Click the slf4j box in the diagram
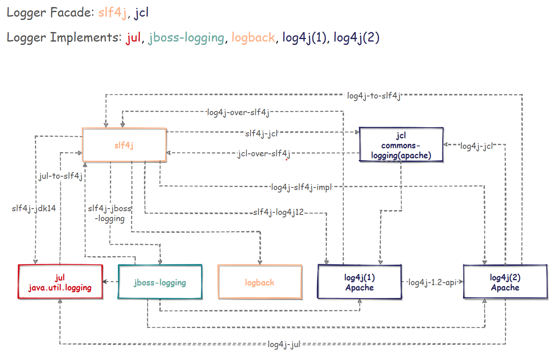click(x=124, y=145)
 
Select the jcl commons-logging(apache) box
click(x=401, y=145)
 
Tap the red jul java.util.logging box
click(x=60, y=282)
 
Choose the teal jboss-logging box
click(x=160, y=282)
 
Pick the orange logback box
click(x=260, y=282)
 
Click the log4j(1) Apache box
click(x=359, y=282)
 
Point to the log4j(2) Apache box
click(x=505, y=282)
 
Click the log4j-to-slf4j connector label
click(x=374, y=96)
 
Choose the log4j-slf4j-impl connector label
click(x=302, y=187)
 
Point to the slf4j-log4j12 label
click(x=278, y=212)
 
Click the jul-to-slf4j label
click(x=59, y=176)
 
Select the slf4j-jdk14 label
click(x=34, y=208)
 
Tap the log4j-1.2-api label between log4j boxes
click(x=432, y=282)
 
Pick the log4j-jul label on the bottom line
click(x=284, y=344)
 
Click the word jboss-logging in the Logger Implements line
click(x=186, y=38)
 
